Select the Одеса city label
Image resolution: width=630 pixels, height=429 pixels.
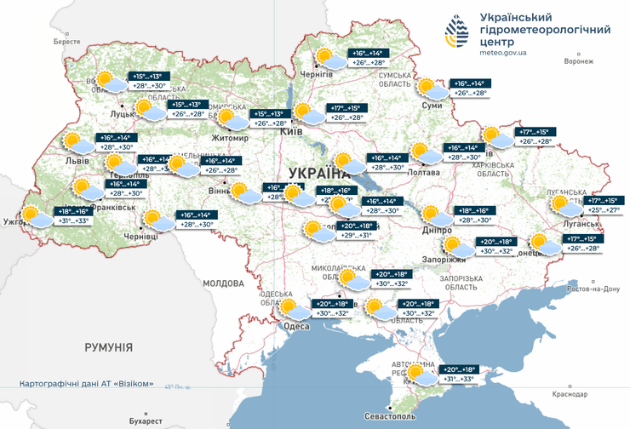(296, 326)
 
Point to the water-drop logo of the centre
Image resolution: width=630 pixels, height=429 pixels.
(457, 35)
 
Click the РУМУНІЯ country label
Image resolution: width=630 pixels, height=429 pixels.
(108, 347)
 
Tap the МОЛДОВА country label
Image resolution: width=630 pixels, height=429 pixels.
(224, 283)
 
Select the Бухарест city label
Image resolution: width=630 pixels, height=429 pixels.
(140, 421)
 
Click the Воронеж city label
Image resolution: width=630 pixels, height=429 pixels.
(578, 61)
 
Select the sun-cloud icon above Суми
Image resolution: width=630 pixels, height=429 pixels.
(432, 88)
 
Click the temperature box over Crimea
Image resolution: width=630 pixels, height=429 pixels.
(458, 375)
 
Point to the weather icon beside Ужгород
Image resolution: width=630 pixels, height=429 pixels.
(35, 216)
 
